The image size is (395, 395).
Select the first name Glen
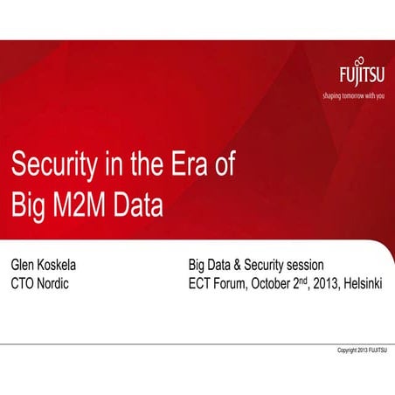coord(24,265)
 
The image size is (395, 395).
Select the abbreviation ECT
coord(201,284)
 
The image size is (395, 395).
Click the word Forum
coord(237,284)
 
